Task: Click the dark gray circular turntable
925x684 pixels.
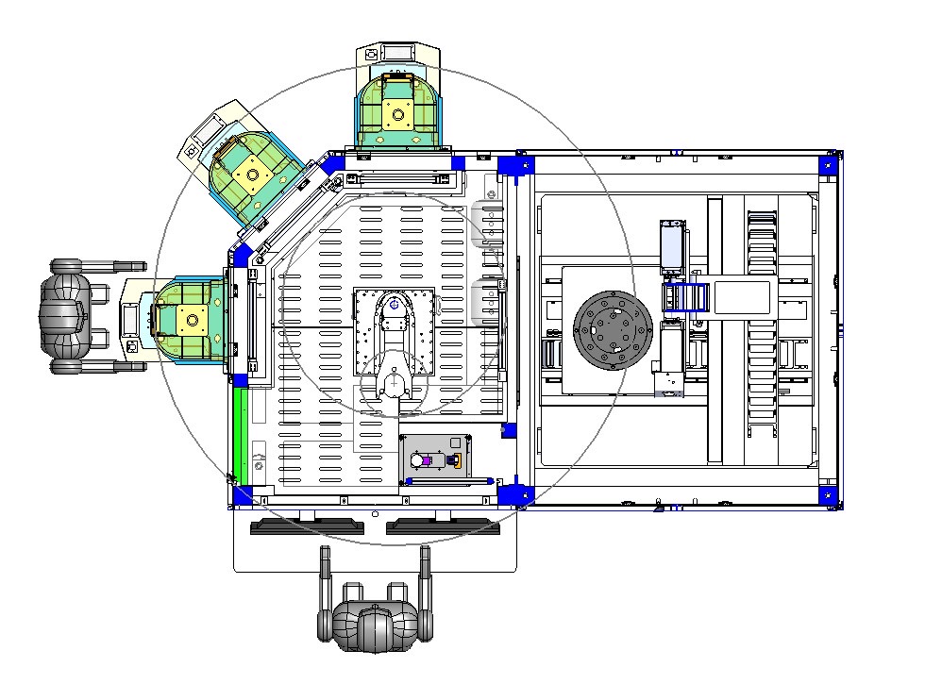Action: click(x=614, y=330)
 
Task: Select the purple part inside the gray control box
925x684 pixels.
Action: click(x=426, y=460)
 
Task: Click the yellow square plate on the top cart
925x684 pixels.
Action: click(x=398, y=116)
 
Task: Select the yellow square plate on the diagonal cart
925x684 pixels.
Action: click(x=252, y=174)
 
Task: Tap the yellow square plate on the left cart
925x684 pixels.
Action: click(x=194, y=318)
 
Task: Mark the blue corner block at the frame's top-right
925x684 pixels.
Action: click(x=828, y=163)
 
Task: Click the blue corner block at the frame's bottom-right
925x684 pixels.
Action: click(x=828, y=494)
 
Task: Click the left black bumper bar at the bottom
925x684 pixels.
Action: click(x=307, y=526)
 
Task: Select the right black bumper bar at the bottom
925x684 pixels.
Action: click(x=442, y=526)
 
